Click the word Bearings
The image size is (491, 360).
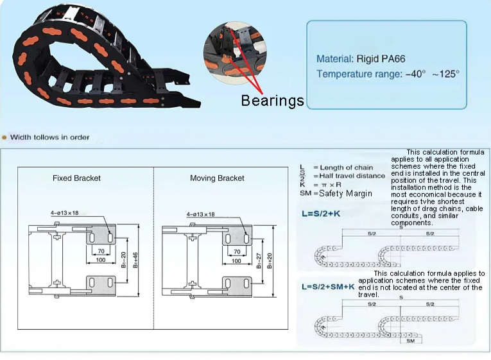coord(272,101)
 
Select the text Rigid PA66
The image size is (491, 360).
coord(381,59)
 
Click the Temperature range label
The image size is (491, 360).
coord(358,74)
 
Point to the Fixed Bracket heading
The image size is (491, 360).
coord(76,178)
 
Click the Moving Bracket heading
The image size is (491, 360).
coord(217,178)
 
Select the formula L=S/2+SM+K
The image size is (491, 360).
coord(327,287)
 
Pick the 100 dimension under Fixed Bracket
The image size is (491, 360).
coord(101,261)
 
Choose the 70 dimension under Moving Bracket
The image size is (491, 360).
coord(237,252)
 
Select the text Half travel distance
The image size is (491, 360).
coord(352,176)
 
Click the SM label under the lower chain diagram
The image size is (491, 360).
coord(410,341)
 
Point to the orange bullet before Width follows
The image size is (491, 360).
coord(4,137)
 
